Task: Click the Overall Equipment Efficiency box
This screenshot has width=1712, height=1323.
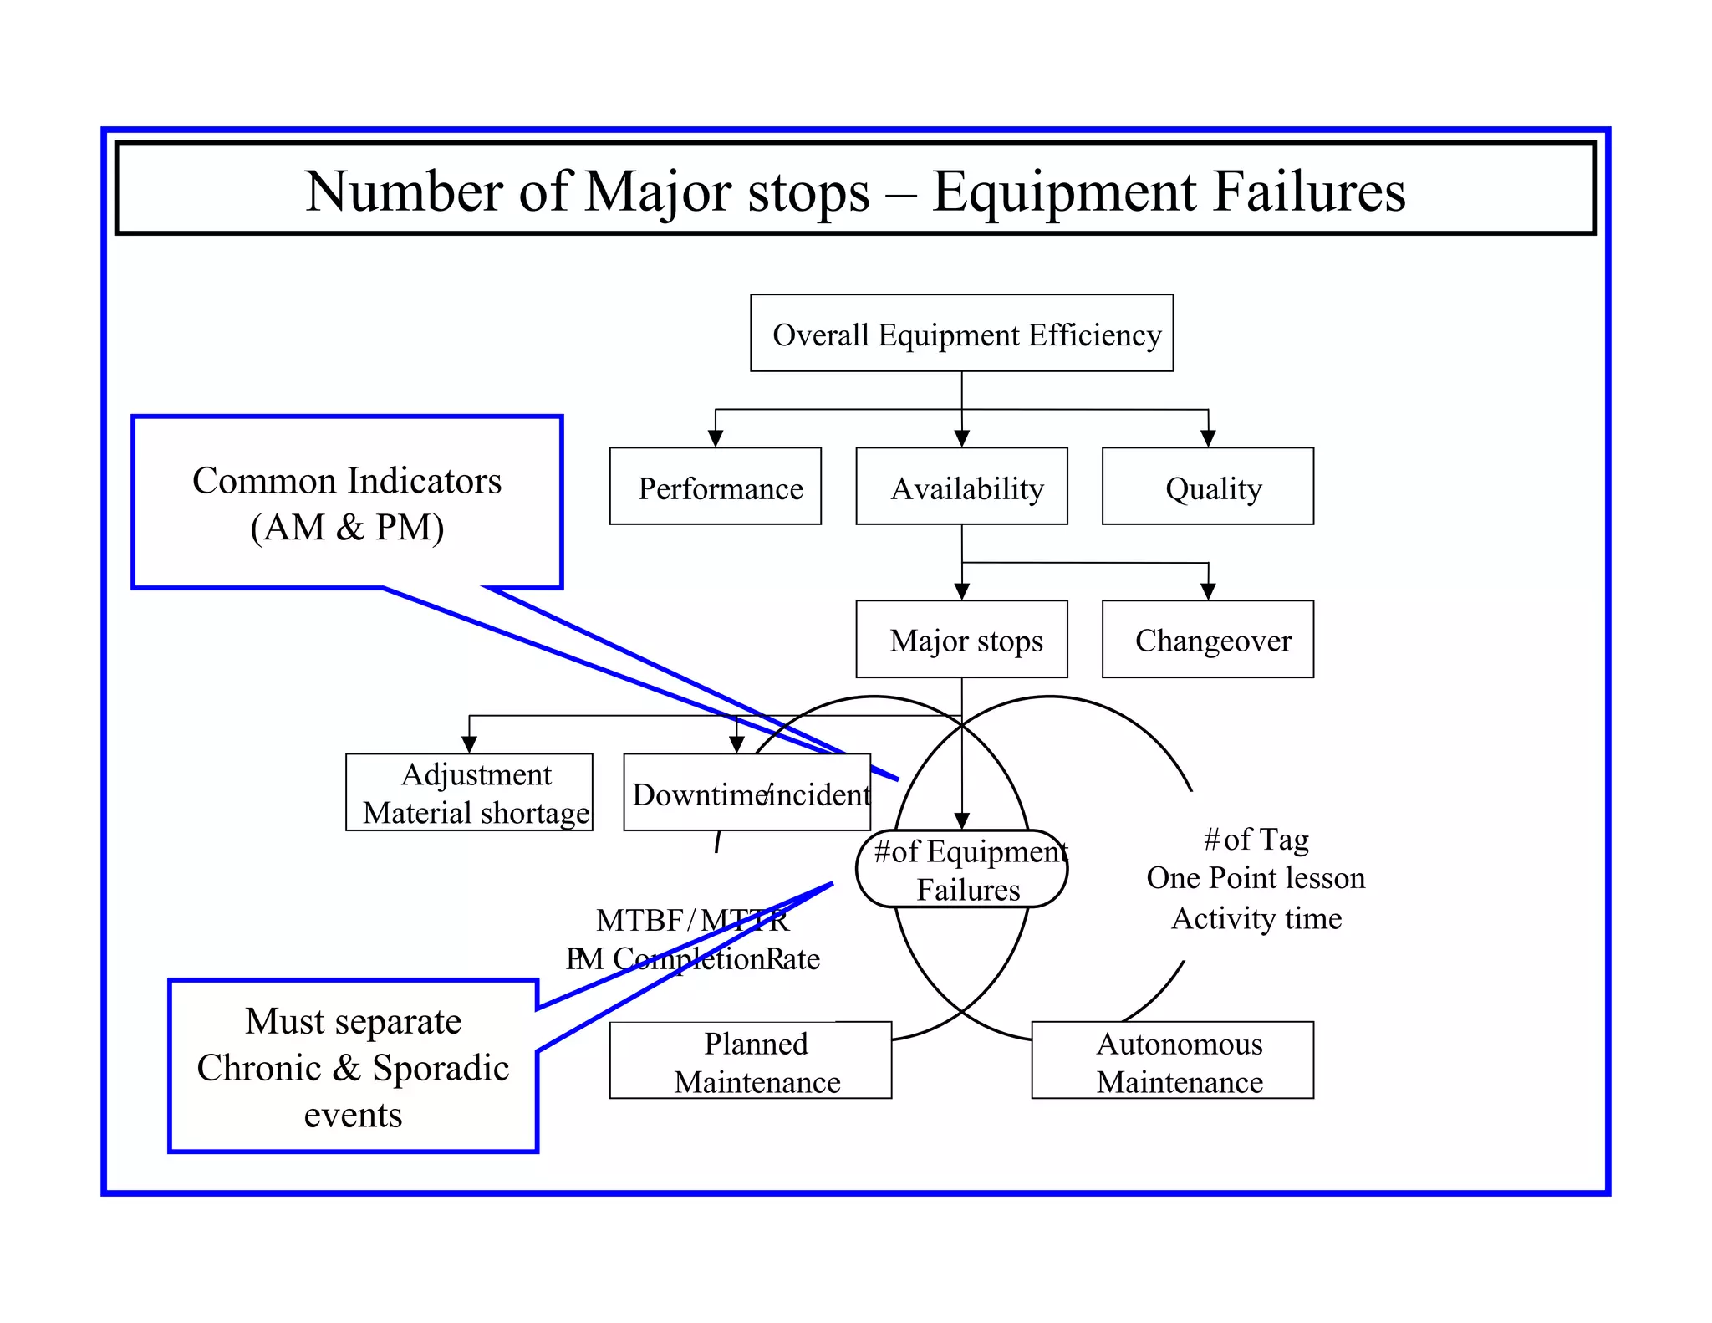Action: click(961, 333)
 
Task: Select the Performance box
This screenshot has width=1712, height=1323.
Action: click(715, 487)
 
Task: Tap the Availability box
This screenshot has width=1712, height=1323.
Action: click(961, 487)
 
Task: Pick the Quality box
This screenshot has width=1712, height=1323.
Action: click(1207, 487)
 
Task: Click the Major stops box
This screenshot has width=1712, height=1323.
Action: click(961, 640)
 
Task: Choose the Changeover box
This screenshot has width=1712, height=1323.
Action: click(1207, 640)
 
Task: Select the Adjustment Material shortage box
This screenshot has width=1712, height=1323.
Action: click(469, 792)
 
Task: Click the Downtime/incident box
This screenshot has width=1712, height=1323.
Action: click(746, 793)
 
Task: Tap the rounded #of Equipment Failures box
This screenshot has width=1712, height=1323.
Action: click(961, 869)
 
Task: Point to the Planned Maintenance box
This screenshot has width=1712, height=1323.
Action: click(750, 1060)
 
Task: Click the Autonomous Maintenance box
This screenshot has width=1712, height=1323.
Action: click(1172, 1060)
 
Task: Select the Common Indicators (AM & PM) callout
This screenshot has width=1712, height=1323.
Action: click(347, 502)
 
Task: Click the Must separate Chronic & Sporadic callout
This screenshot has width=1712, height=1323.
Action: click(353, 1066)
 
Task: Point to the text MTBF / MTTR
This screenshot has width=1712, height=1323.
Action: click(692, 920)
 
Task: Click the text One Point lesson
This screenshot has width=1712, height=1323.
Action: click(1256, 877)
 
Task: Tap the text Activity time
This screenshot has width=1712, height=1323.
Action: click(1256, 918)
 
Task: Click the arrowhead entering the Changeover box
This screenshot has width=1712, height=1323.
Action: click(1208, 591)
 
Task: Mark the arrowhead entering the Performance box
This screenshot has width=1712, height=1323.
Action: click(716, 438)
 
